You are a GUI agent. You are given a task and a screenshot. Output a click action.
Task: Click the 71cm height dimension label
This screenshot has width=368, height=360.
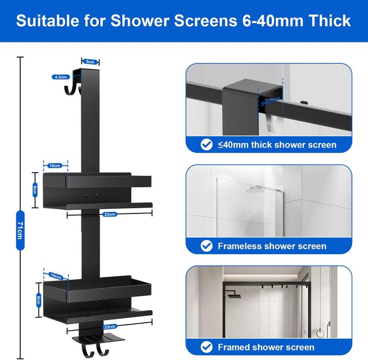coord(20,230)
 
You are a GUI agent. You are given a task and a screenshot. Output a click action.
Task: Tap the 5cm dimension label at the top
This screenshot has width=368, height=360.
coord(90,62)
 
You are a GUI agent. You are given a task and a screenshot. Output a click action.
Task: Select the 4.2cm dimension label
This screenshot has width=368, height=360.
coord(61,77)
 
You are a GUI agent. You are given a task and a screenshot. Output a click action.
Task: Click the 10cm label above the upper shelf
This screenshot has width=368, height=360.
coord(55,165)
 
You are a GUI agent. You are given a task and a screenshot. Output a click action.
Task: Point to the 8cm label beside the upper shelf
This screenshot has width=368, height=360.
coord(35,190)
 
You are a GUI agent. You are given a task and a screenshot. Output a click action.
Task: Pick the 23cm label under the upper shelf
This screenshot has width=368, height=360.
coord(109,214)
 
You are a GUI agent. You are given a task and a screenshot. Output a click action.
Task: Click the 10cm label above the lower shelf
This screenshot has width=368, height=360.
coord(56,276)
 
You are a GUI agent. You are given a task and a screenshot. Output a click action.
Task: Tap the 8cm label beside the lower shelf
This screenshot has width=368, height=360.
coord(39,300)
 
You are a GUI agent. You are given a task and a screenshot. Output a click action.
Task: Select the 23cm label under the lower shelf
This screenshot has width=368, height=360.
coord(109,326)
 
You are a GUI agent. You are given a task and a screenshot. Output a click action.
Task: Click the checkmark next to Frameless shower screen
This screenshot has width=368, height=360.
coord(206,246)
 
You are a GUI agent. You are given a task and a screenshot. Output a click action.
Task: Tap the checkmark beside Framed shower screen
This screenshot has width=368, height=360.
coord(206,347)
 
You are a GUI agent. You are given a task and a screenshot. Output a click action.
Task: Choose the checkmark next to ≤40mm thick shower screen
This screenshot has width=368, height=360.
coord(206,145)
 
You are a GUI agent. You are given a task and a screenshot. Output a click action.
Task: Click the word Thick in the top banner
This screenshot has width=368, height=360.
coord(330,20)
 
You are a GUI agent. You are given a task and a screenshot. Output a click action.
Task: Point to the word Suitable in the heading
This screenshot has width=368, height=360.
coord(48,20)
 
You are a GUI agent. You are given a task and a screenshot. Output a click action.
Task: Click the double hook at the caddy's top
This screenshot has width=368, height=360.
coord(73,90)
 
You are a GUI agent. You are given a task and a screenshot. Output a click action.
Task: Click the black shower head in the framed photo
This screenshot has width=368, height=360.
coord(234,296)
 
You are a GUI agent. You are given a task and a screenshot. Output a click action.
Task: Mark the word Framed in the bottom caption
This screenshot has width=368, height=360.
coord(233,347)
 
